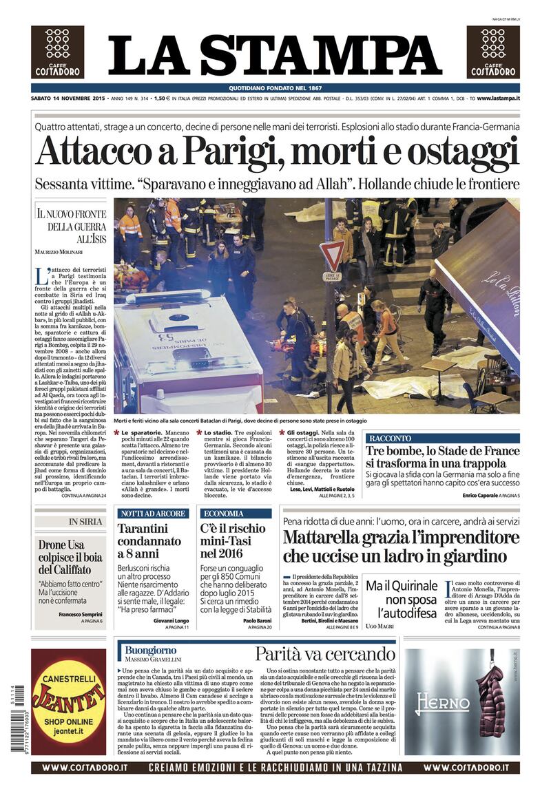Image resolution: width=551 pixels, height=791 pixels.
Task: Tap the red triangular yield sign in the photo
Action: pos(332,255)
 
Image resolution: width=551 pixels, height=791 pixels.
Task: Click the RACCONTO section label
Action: pos(390,438)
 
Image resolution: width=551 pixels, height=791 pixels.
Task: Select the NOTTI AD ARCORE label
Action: pos(152,514)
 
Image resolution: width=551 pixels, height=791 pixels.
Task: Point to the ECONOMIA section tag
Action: pos(223,514)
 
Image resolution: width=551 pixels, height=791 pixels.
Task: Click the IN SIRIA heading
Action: pos(85,522)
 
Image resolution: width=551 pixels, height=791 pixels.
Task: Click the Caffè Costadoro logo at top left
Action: pos(57,52)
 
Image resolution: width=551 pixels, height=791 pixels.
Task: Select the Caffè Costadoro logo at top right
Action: pos(493,52)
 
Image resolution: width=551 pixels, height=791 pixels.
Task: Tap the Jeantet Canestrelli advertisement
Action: pos(68,702)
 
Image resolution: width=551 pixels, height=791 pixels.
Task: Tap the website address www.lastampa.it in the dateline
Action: pos(497,99)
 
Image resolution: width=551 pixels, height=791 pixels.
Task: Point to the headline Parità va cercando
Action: pos(325,653)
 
